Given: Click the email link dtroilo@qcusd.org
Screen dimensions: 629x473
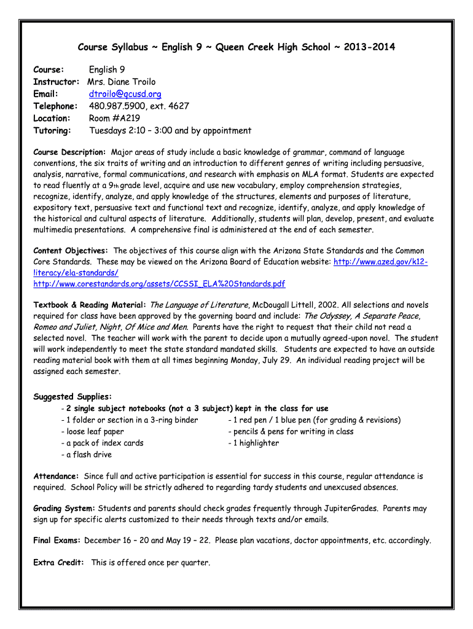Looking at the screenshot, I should click(x=125, y=94).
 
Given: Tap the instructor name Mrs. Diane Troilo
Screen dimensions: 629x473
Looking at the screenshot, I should click(x=122, y=82).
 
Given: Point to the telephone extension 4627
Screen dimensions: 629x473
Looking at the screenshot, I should click(x=178, y=106).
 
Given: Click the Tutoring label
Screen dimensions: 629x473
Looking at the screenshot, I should click(x=52, y=130).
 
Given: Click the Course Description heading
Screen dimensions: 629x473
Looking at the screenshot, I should click(x=69, y=152).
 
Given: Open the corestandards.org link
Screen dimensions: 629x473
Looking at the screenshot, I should click(x=159, y=284).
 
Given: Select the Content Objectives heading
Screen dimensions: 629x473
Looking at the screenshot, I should click(x=71, y=251).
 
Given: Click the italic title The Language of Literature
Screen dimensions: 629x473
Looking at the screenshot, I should click(x=198, y=305).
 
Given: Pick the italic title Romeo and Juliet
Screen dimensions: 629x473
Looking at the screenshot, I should click(x=63, y=327).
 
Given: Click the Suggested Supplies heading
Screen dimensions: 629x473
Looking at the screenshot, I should click(x=72, y=397).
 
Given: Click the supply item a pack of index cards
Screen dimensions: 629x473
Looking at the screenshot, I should click(x=102, y=443).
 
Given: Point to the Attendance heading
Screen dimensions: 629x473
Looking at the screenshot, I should click(x=56, y=476).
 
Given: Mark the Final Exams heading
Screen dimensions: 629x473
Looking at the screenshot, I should click(x=57, y=541).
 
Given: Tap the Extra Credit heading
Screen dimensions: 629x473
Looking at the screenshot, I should click(x=58, y=563).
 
